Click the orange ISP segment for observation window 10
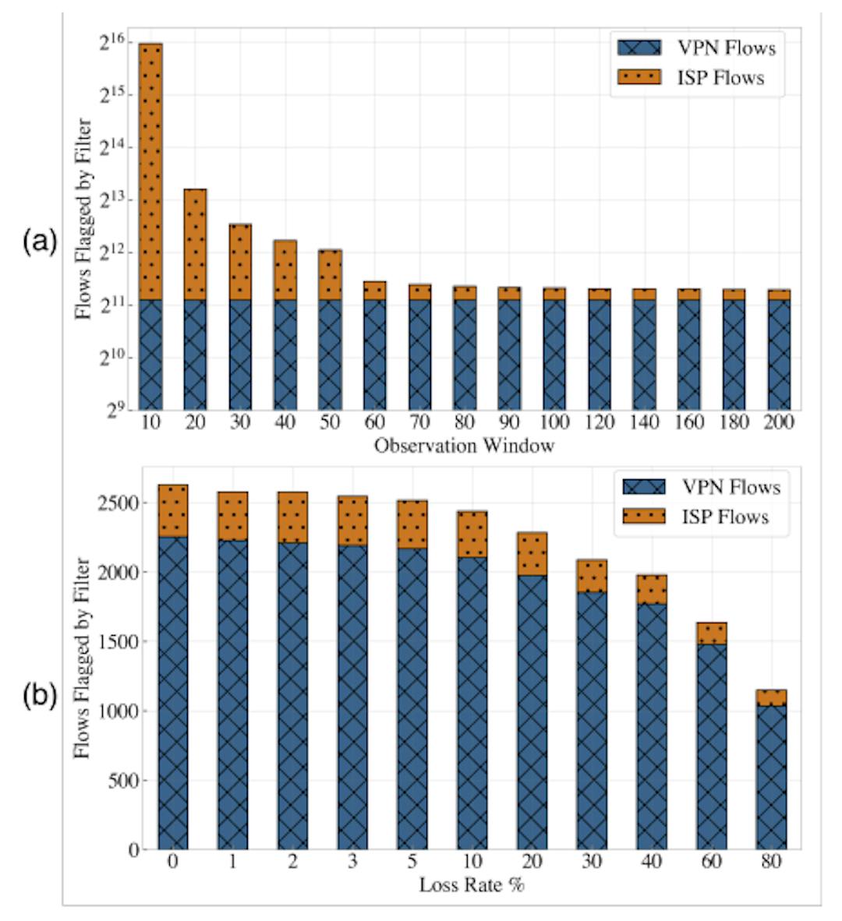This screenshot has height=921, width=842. click(x=150, y=171)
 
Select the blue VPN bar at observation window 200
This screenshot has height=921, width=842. click(x=779, y=355)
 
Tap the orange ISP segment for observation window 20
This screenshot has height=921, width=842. click(x=195, y=244)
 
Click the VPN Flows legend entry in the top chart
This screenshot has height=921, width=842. click(x=696, y=48)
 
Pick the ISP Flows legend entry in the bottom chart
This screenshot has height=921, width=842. click(x=701, y=517)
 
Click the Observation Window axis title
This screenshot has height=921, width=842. click(x=464, y=446)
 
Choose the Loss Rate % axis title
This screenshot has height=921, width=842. click(x=472, y=885)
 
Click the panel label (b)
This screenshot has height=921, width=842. click(x=39, y=696)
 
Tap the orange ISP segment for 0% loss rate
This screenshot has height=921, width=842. click(x=172, y=510)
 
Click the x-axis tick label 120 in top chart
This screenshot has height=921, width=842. click(x=600, y=423)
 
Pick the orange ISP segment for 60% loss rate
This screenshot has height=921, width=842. click(x=712, y=633)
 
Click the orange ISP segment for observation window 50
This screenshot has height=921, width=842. click(x=330, y=274)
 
